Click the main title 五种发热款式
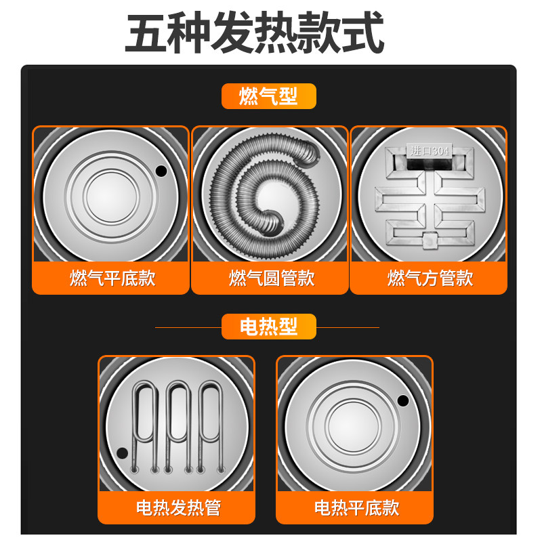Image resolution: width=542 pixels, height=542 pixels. [255, 32]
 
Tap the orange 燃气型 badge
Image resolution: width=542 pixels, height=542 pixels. [268, 96]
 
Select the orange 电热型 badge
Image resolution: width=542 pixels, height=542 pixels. [268, 327]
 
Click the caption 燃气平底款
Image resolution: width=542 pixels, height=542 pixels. [112, 278]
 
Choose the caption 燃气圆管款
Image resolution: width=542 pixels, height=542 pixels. [272, 278]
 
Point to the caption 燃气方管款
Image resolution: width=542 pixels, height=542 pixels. [430, 278]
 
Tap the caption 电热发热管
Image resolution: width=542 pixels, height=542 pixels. [178, 507]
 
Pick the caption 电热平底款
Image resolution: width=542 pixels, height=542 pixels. [356, 507]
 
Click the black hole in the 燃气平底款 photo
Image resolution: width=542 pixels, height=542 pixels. [161, 171]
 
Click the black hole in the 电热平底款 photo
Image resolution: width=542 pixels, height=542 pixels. [402, 400]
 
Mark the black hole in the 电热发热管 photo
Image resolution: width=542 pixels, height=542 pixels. [122, 453]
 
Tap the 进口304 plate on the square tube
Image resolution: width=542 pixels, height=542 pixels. [429, 151]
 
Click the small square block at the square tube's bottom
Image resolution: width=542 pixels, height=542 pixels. [430, 241]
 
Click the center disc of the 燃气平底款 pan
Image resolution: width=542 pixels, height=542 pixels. [111, 196]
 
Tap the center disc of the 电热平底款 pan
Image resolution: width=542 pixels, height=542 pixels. [353, 426]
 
